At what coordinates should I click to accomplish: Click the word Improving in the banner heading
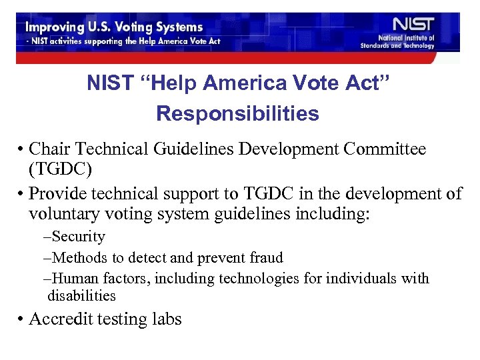click(x=53, y=27)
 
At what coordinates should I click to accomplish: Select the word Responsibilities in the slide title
click(x=237, y=114)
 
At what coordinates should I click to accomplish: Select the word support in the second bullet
click(x=199, y=194)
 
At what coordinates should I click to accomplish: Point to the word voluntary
click(x=67, y=214)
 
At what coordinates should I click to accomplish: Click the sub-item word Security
click(x=78, y=237)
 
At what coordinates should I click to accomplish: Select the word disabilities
click(x=81, y=295)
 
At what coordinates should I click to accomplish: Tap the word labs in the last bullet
click(x=167, y=319)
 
